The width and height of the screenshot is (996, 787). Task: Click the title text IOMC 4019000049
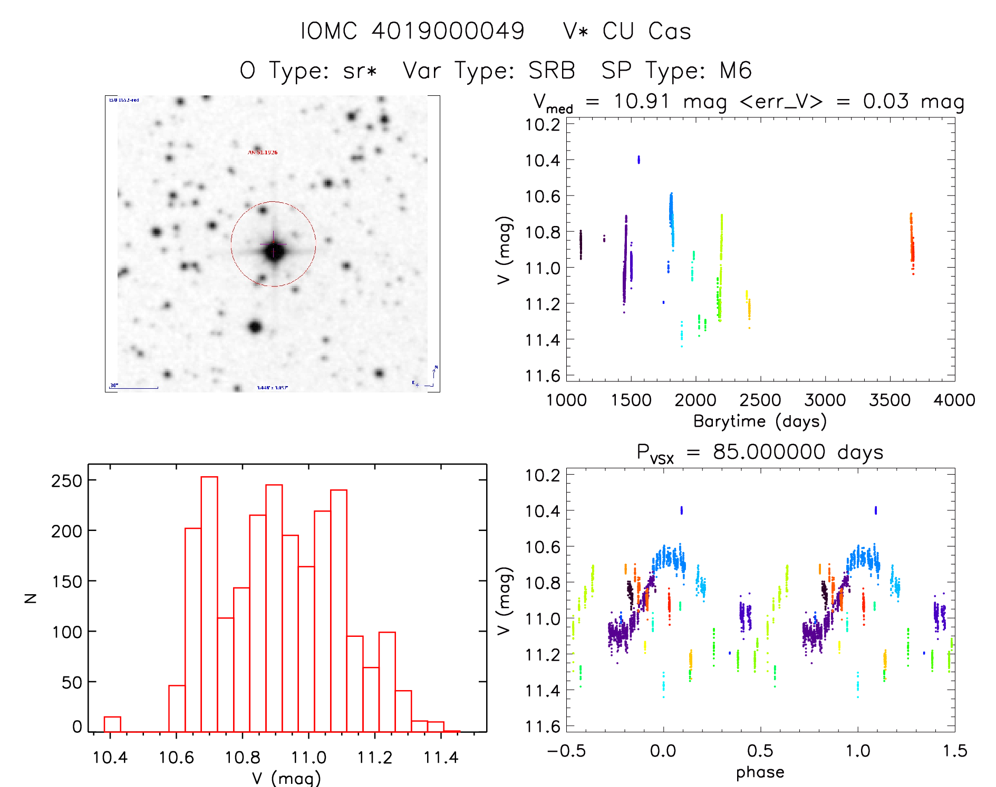pos(412,31)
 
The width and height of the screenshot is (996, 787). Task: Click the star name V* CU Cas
pos(627,31)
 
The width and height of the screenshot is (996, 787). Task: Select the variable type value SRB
pos(552,71)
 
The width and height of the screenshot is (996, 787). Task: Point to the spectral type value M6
pos(736,71)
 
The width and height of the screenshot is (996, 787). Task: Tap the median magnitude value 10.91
pos(641,101)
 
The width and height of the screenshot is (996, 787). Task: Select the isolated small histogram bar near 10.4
pos(112,724)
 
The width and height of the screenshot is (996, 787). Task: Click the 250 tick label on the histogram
pos(66,480)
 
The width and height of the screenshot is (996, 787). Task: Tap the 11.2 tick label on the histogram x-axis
pos(374,758)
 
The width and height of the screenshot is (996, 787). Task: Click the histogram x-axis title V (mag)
pos(286,778)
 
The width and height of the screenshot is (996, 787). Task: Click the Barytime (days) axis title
pos(760,421)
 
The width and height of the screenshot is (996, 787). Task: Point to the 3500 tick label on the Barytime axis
pos(889,400)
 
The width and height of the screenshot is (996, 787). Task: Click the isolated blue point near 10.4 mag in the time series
pos(639,160)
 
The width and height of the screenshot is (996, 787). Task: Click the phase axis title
pos(760,772)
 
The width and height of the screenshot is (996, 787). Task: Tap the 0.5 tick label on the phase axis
pos(760,751)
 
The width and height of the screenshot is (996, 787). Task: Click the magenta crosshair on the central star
pos(273,244)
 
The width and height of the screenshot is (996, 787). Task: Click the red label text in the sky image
pos(263,152)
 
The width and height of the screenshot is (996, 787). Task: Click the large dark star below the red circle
pos(255,327)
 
